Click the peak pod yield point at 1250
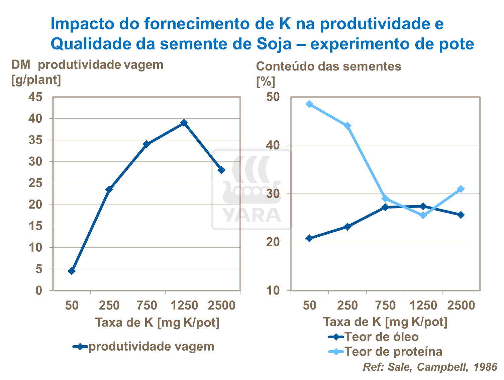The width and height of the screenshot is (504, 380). point(184,123)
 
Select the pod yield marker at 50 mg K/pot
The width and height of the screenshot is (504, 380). point(72,271)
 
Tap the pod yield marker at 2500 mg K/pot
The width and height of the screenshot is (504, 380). point(221,170)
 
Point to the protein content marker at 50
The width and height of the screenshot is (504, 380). point(309,104)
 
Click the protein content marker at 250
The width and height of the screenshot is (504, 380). point(347,126)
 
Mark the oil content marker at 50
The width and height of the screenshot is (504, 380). point(309,238)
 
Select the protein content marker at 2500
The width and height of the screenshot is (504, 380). point(461,189)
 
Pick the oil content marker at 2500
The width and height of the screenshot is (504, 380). point(461,215)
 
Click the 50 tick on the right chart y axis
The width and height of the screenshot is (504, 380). point(273,97)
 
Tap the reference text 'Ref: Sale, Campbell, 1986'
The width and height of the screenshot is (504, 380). point(430,367)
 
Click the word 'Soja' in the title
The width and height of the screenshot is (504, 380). point(274,44)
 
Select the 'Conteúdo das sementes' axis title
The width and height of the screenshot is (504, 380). point(328,66)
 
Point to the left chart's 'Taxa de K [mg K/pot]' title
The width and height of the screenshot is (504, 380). point(157,323)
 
